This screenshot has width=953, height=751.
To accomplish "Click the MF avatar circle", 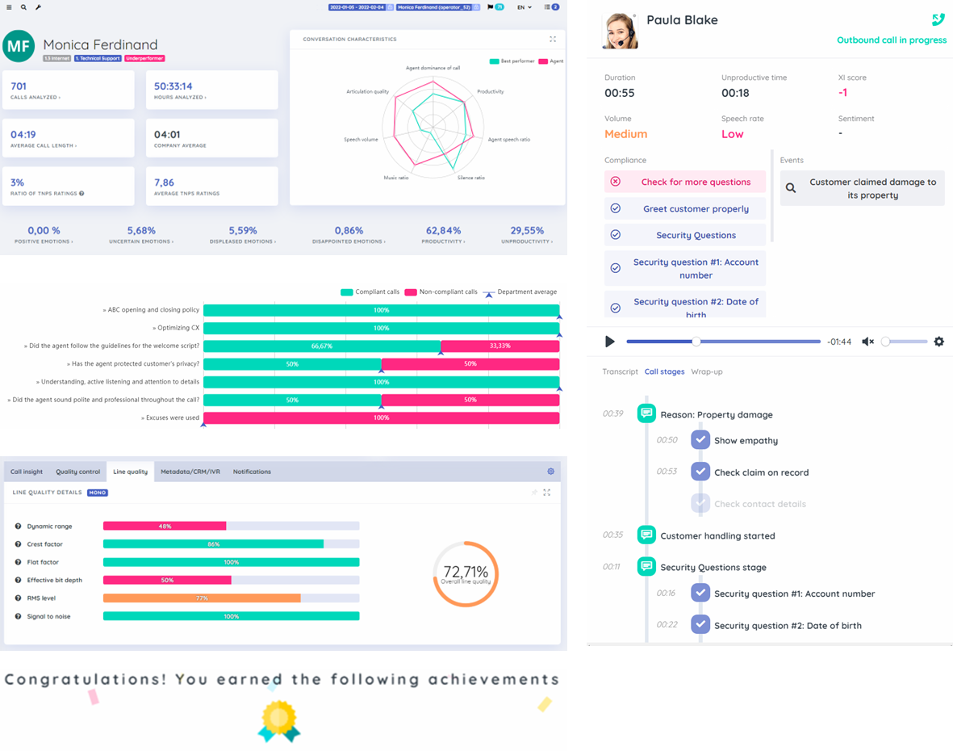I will pos(19,47).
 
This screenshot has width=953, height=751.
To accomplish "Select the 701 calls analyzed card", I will pos(68,90).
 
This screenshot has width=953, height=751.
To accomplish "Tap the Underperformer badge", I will pos(145,59).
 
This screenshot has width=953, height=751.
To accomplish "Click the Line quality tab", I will pos(130,472).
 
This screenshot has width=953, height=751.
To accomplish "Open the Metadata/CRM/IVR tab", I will pos(190,472).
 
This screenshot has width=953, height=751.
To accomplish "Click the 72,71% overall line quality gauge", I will pos(466,574).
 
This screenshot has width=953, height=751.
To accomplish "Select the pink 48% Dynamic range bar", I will pos(165,527).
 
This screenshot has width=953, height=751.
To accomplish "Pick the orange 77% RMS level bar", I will pos(202,598).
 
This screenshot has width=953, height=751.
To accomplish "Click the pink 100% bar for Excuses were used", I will pos(381,418).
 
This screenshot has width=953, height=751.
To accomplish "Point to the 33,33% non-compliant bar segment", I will pos(499,346).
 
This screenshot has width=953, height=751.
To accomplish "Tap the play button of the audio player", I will pos(610,342).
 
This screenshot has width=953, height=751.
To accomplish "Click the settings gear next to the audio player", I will pos(938,342).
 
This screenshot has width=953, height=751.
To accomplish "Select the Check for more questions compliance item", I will pos(685,182).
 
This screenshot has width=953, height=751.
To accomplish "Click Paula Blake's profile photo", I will pos(620,31).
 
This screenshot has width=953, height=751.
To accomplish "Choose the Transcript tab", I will pos(620,371).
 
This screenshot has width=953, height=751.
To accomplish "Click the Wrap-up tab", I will pos(706,371).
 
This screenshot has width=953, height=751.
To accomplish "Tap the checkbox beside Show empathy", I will pos(700,440).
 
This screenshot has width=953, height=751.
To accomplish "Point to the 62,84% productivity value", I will pos(443,231).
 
